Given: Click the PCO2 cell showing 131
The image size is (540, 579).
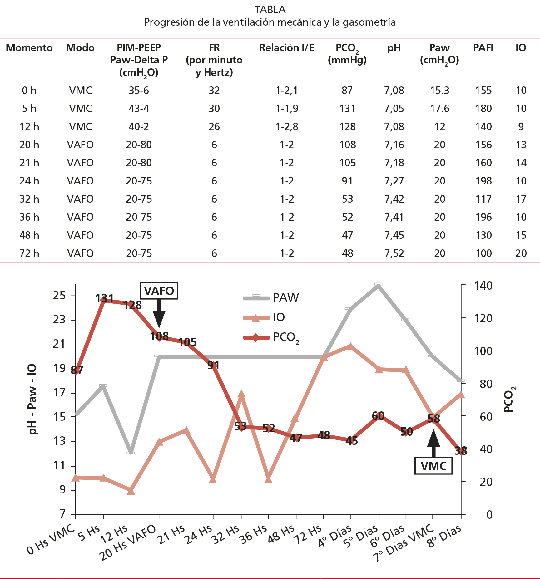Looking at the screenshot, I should tap(347, 109).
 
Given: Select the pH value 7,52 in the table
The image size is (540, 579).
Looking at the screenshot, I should tap(394, 253).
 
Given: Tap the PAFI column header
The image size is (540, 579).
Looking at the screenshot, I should tap(483, 48).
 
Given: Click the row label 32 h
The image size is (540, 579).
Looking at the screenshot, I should tap(29, 199).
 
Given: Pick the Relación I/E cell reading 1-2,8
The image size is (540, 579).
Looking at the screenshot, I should tap(287, 127).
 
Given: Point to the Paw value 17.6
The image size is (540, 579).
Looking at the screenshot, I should tap(439, 109).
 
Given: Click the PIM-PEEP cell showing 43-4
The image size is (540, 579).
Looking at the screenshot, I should tap(139, 109).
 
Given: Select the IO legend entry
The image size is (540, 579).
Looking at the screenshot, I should tap(279, 317).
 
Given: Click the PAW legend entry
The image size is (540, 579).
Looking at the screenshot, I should tap(285, 298).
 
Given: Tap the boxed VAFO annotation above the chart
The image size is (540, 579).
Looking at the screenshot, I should tap(159, 291).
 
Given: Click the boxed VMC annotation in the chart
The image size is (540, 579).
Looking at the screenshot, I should tap(433, 466).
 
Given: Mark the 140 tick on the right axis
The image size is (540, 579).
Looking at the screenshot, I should tap(483, 286).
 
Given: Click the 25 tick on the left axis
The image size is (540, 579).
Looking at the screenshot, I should tap(59, 295).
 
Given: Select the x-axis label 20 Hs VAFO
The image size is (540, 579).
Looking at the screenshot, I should tap(128, 543).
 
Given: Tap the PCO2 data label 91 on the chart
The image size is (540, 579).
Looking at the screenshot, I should tap(213, 365).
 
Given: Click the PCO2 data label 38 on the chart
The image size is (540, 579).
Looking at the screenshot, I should tap(461, 451).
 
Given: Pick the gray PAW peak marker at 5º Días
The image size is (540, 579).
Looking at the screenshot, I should tap(378, 285).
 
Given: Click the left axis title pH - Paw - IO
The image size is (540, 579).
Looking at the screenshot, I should tap(32, 400).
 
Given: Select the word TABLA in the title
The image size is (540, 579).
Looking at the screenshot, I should tap(270, 10).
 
